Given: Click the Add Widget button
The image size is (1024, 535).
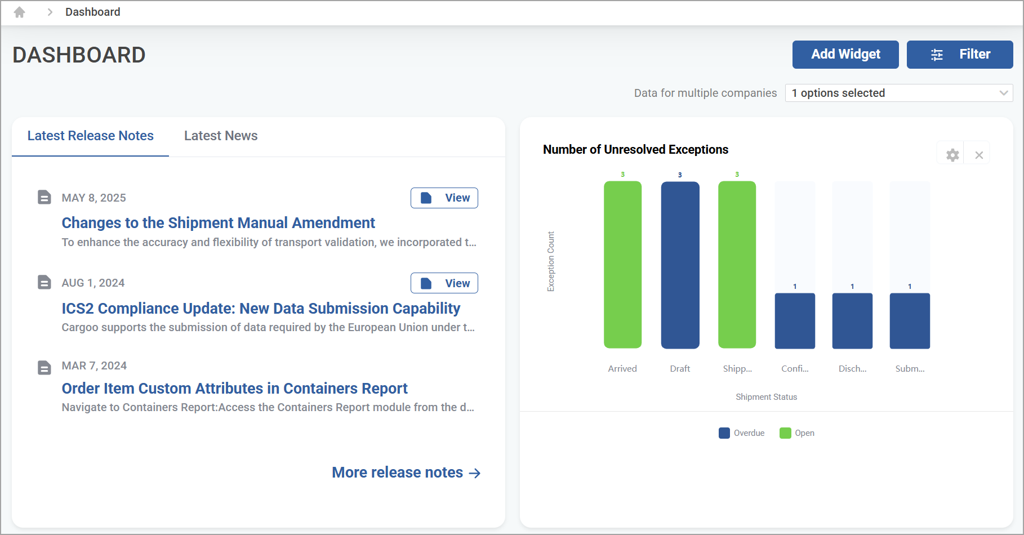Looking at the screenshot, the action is (845, 55).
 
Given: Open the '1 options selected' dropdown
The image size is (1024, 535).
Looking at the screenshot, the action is (899, 93).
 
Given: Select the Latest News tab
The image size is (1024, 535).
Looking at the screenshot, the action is (221, 136).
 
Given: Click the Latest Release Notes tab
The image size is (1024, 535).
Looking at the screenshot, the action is (91, 136).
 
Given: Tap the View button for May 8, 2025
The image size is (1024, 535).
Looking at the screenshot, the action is (444, 198).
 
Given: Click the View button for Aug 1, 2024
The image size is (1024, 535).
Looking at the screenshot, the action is (444, 283).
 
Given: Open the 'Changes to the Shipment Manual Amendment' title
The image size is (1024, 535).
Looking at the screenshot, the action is (219, 223).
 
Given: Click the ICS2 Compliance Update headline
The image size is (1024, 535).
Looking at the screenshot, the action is (261, 309).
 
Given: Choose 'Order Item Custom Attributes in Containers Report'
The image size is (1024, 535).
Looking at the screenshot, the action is (234, 389).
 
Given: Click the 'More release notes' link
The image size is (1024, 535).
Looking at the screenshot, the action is (406, 472).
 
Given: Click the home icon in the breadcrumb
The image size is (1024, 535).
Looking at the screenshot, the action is (20, 12).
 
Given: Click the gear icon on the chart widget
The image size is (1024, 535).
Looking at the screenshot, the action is (952, 155).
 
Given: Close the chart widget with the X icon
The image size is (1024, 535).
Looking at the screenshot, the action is (980, 155).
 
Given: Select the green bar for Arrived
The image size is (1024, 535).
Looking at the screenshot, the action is (622, 265).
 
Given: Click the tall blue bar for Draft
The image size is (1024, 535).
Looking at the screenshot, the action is (680, 265).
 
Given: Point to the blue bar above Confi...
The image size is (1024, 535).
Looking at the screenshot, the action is (795, 321).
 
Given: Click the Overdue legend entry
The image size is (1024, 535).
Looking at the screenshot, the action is (742, 433).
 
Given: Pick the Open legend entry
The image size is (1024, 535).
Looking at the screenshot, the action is (797, 433).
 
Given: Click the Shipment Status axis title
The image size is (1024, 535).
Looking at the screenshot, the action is (766, 397).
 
